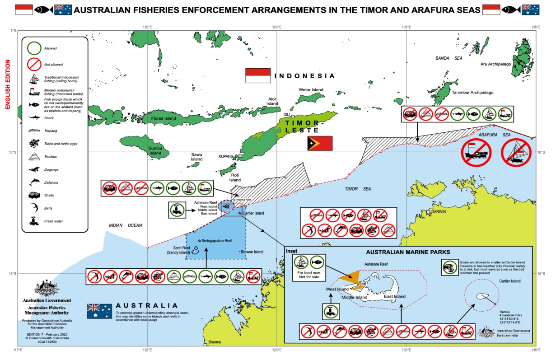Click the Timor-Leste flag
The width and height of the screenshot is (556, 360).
320,143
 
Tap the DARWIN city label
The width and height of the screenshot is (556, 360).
438,211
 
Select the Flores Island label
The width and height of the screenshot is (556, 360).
164,118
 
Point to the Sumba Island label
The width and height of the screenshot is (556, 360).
155,150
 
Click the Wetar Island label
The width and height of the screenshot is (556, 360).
311,90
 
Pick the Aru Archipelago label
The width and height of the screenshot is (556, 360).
495,64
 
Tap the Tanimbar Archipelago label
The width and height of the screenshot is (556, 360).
472,93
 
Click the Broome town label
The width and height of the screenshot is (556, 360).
215,342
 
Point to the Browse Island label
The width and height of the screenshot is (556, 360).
252,252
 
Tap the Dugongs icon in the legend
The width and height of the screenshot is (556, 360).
34,169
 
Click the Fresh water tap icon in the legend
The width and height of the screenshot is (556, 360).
34,221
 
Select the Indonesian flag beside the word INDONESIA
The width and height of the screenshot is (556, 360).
257,75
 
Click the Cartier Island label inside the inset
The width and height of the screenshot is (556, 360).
509,281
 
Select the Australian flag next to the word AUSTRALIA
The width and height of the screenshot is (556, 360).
99,311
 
